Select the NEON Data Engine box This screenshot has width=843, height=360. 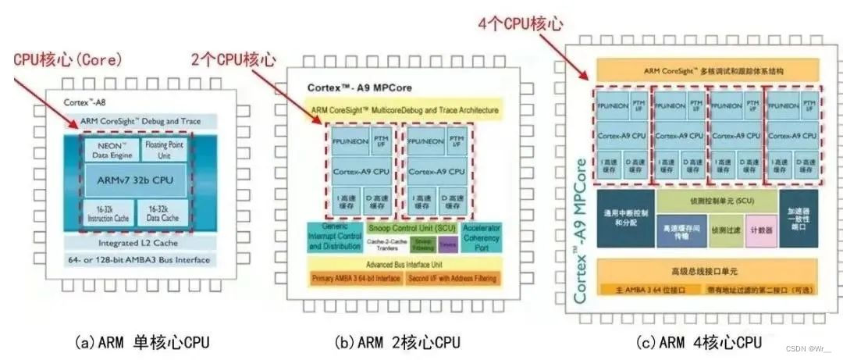click(108, 148)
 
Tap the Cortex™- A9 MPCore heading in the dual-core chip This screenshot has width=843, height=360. click(359, 87)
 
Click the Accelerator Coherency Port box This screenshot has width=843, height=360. click(482, 237)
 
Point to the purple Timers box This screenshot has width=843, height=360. click(448, 244)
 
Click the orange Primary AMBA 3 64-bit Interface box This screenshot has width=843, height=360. click(356, 278)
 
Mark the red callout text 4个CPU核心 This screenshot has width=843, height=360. click(521, 24)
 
